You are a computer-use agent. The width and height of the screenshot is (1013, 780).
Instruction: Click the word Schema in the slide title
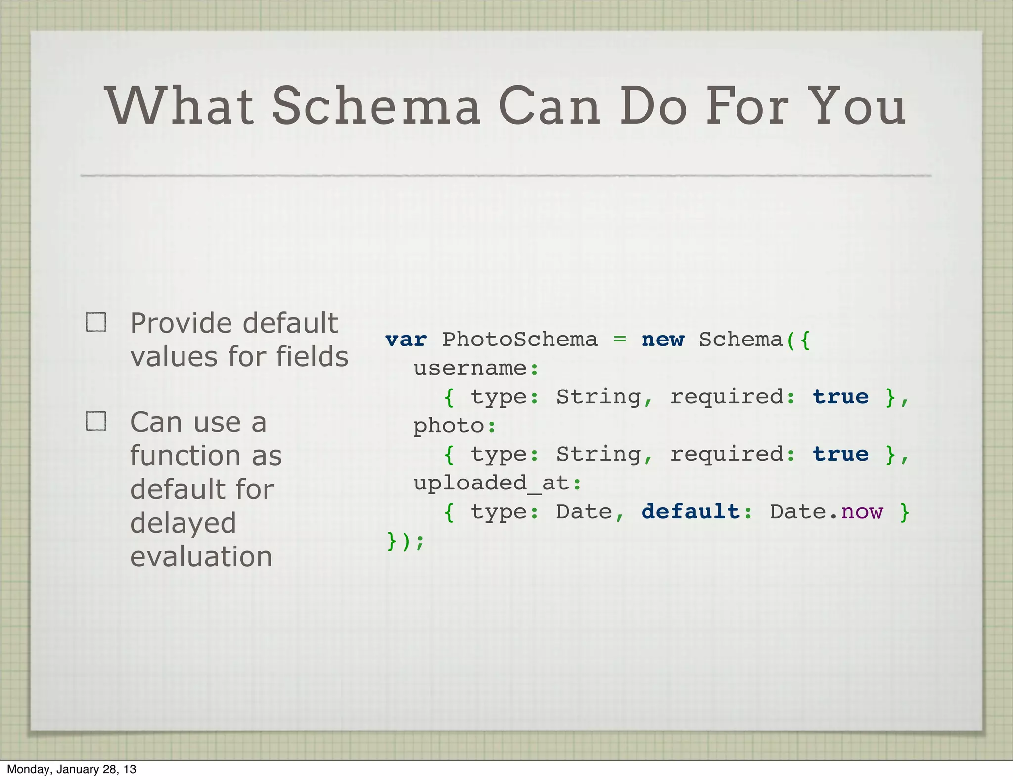(x=376, y=106)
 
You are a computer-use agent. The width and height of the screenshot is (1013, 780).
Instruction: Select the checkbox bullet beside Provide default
(x=96, y=322)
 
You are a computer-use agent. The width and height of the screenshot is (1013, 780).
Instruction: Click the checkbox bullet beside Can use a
(x=96, y=421)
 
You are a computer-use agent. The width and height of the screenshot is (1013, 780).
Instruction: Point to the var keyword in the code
(x=406, y=340)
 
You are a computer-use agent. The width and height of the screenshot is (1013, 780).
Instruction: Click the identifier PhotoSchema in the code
(x=519, y=340)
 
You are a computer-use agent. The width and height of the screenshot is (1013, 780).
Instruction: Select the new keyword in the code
(x=663, y=340)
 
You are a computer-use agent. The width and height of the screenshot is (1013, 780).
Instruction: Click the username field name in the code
(x=470, y=369)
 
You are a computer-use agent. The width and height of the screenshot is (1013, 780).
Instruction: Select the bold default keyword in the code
(x=690, y=512)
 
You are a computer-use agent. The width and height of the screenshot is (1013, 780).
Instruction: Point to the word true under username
(x=840, y=397)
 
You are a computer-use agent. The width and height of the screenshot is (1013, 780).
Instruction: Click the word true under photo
(x=840, y=454)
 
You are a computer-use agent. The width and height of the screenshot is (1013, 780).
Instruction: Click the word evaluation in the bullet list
(x=201, y=557)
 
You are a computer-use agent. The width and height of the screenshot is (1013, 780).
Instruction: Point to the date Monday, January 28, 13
(x=71, y=769)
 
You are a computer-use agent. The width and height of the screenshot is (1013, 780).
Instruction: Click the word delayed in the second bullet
(x=183, y=523)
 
